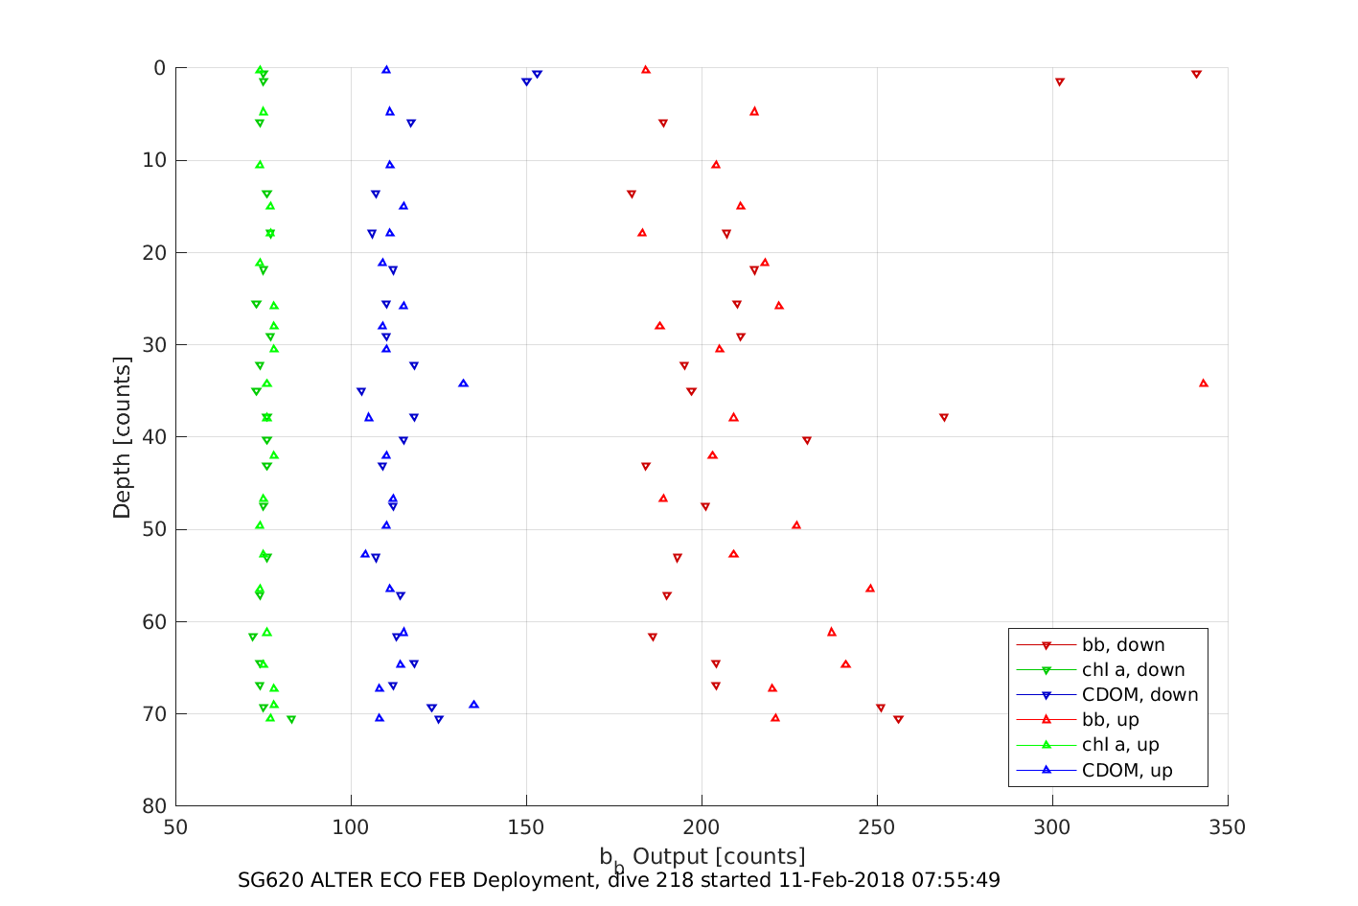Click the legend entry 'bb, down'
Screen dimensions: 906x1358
click(x=1122, y=645)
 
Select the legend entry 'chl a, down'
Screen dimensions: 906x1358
click(x=1133, y=670)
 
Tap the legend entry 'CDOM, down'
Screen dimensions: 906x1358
click(x=1139, y=695)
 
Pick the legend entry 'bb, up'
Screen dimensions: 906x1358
click(x=1110, y=720)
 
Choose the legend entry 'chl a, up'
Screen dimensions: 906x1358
click(x=1120, y=745)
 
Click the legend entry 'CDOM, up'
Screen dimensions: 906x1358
click(x=1127, y=771)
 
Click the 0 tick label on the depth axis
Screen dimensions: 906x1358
click(x=159, y=68)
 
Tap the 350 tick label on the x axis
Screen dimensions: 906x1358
click(x=1228, y=827)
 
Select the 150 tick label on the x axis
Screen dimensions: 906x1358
click(x=526, y=827)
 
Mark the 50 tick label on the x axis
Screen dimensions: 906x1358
click(x=175, y=827)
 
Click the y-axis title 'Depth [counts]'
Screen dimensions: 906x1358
click(x=122, y=437)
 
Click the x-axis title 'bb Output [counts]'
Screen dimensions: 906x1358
click(x=702, y=856)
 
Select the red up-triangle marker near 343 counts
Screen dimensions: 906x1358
click(x=1204, y=383)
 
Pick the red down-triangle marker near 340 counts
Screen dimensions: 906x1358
click(x=1196, y=74)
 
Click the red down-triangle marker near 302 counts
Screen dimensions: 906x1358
click(x=1059, y=82)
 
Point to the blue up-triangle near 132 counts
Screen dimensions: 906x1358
click(x=463, y=383)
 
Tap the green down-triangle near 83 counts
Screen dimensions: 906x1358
click(x=291, y=720)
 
